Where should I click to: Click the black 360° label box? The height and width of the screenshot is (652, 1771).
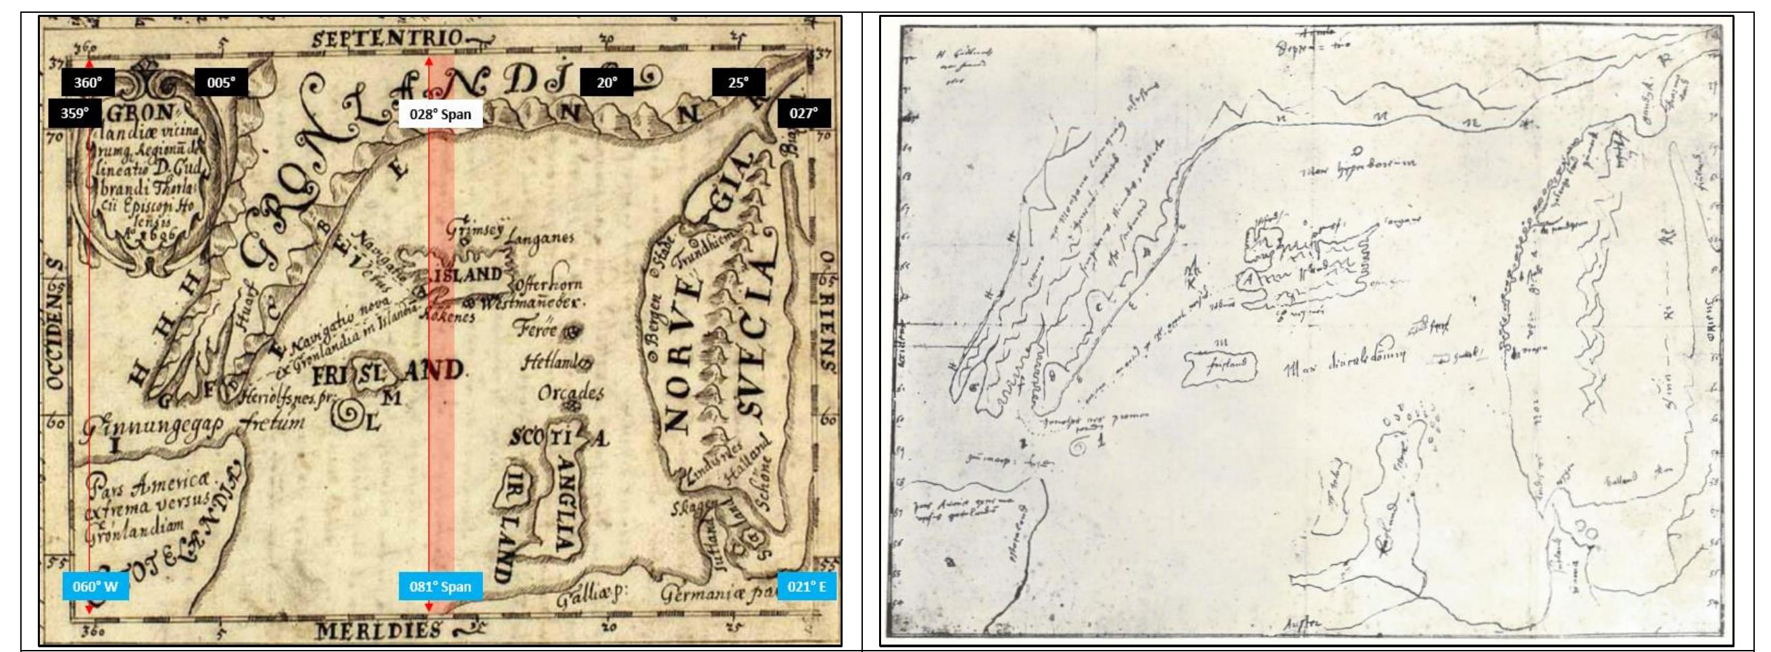[88, 83]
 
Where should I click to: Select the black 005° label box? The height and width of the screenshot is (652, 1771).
[221, 83]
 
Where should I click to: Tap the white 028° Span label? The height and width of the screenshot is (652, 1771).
[440, 114]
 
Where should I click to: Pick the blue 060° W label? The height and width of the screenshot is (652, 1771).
[95, 586]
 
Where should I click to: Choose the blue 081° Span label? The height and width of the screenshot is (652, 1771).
[440, 586]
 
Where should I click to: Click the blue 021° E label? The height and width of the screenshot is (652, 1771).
[806, 586]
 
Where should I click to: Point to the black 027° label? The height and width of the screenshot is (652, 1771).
[803, 113]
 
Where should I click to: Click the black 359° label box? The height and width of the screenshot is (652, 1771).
[74, 113]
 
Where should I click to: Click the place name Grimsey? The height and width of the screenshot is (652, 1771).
[476, 227]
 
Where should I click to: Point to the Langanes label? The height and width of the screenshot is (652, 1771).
[540, 239]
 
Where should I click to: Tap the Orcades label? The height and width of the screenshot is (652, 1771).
[570, 394]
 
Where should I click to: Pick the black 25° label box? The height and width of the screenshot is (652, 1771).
[738, 83]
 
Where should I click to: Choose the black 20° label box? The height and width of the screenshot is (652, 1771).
[606, 83]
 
